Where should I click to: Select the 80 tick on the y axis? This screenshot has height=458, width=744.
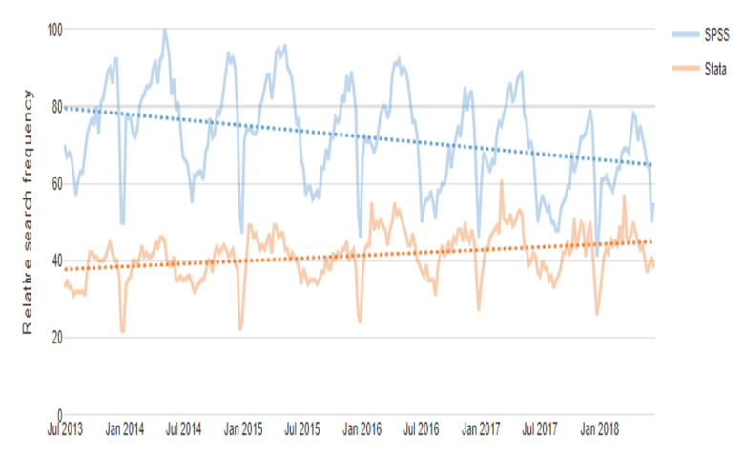(x=55, y=106)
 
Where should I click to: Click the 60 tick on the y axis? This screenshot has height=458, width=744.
(x=55, y=183)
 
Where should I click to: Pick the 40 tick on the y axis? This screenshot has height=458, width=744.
(x=55, y=260)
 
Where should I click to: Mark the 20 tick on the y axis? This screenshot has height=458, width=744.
(x=55, y=338)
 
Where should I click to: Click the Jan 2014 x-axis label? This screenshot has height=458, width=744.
(x=126, y=430)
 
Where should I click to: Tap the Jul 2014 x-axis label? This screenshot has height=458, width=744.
(x=184, y=430)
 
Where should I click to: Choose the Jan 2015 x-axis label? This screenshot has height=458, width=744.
(x=243, y=430)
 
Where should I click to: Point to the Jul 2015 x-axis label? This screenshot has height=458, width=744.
(x=301, y=430)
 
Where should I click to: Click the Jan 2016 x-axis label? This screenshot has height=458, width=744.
(x=361, y=430)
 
